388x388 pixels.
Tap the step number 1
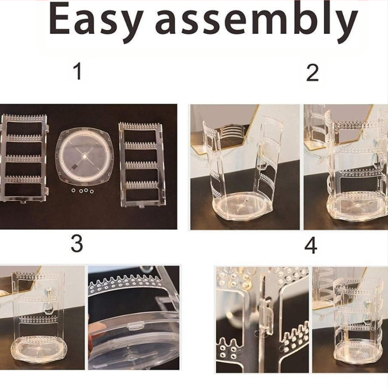[78, 71]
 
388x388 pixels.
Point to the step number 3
[77, 243]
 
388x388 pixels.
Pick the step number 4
[311, 245]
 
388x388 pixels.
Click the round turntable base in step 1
[84, 157]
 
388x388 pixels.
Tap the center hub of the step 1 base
[84, 157]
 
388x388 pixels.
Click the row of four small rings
[82, 191]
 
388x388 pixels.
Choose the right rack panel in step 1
[142, 164]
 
